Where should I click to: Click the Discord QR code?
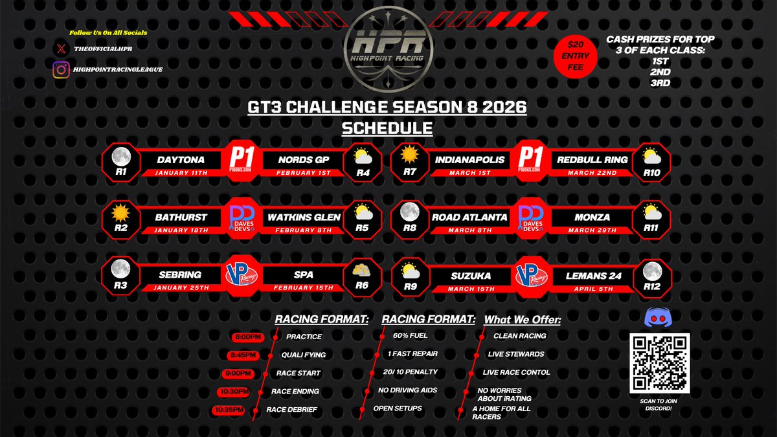point(660,363)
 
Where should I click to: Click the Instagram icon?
point(62,70)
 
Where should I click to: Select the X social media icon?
point(62,48)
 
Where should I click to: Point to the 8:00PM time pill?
point(247,337)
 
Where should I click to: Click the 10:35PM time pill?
point(229,410)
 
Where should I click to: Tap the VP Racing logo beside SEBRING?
point(241,276)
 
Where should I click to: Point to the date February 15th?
point(303,287)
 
